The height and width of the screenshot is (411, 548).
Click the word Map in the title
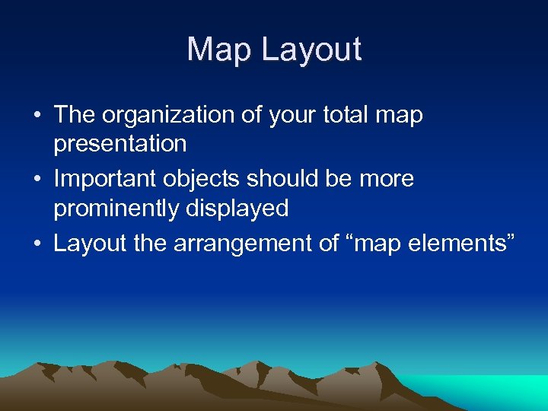point(220,49)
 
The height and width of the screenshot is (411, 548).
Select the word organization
point(170,116)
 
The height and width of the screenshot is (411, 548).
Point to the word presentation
point(120,144)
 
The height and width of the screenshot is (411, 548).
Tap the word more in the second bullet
point(386,180)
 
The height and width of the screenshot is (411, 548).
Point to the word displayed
point(244,208)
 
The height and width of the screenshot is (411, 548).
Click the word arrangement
point(244,244)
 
